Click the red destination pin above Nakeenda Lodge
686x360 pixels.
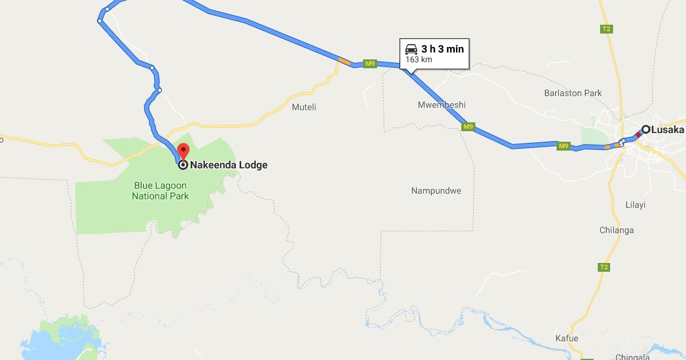pyautogui.click(x=183, y=151)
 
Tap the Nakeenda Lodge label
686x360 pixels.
pyautogui.click(x=228, y=165)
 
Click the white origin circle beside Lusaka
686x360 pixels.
pyautogui.click(x=645, y=129)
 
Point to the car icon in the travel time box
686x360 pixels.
pyautogui.click(x=411, y=49)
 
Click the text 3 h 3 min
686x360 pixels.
pyautogui.click(x=442, y=49)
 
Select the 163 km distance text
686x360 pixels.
pyautogui.click(x=419, y=60)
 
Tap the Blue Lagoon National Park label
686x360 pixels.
pyautogui.click(x=161, y=191)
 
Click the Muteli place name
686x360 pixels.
pyautogui.click(x=304, y=107)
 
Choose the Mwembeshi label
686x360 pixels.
pyautogui.click(x=441, y=105)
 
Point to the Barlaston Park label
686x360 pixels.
pyautogui.click(x=573, y=93)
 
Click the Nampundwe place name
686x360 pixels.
pyautogui.click(x=436, y=191)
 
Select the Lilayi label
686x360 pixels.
pyautogui.click(x=635, y=205)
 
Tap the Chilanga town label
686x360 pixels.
pyautogui.click(x=616, y=230)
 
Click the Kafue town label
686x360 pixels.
pyautogui.click(x=567, y=338)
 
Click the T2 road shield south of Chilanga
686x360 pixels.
pyautogui.click(x=603, y=267)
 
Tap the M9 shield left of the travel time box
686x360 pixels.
pyautogui.click(x=369, y=64)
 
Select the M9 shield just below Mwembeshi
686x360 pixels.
pyautogui.click(x=468, y=126)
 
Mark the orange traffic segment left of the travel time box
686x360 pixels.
pyautogui.click(x=345, y=61)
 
